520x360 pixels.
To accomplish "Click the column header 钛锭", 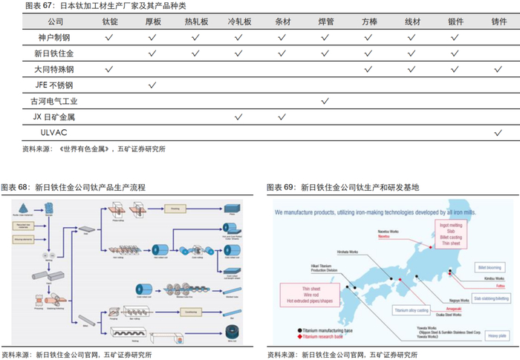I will [109, 23].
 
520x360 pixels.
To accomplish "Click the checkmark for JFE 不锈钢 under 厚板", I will [152, 85].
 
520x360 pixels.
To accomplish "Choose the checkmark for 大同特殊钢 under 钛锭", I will [109, 69].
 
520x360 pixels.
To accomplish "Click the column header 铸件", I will [498, 23].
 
